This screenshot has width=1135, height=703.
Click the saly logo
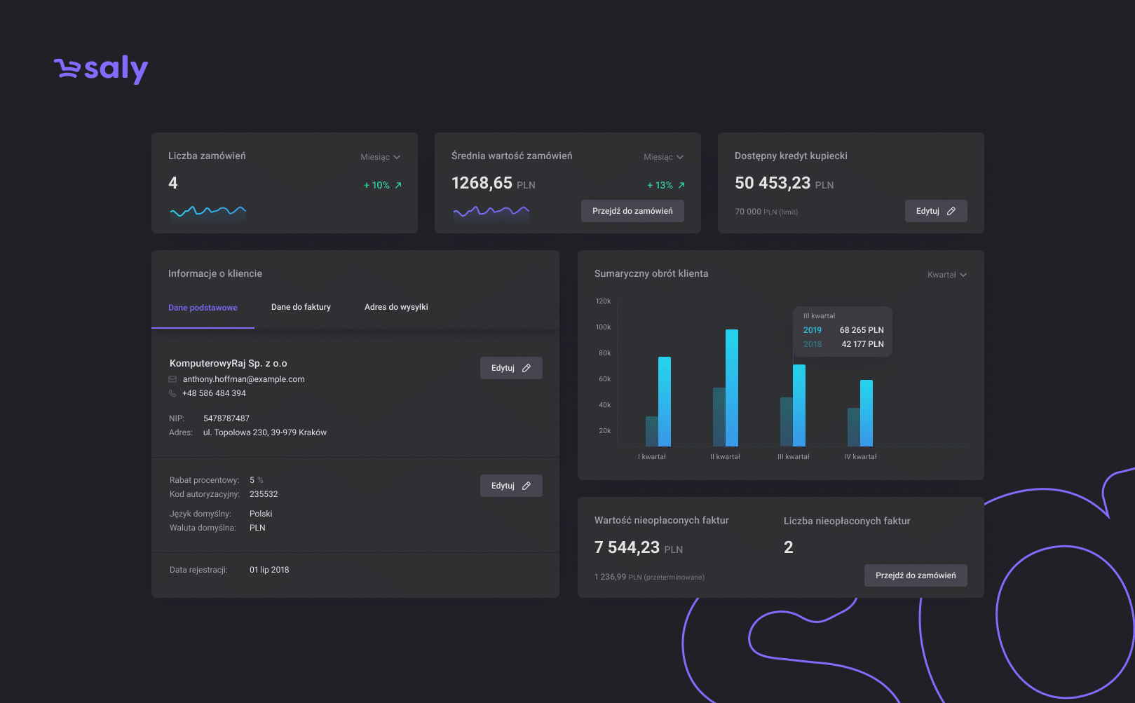pos(101,69)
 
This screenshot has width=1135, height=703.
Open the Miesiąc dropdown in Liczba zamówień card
pos(380,157)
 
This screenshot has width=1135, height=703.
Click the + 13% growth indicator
pos(666,185)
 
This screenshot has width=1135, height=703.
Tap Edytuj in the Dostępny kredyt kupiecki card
pos(936,211)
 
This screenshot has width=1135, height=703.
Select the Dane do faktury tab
pos(301,307)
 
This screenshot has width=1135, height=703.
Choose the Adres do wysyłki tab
pos(396,307)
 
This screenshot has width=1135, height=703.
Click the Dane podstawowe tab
pos(203,308)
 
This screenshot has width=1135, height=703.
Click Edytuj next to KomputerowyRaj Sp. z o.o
pos(511,368)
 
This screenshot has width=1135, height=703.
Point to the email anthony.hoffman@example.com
pos(244,379)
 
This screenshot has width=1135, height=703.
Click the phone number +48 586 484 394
pos(214,393)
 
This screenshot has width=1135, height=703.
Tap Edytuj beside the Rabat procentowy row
pos(511,486)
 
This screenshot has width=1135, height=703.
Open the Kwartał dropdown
pos(946,275)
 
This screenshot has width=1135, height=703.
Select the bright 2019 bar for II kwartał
pos(732,388)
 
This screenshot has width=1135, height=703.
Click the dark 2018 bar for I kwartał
pos(651,432)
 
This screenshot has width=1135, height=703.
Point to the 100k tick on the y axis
pos(603,327)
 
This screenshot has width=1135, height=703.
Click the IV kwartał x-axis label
pos(860,457)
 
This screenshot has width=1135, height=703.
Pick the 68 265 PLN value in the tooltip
pos(862,330)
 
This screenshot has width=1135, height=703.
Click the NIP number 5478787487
pos(226,418)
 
